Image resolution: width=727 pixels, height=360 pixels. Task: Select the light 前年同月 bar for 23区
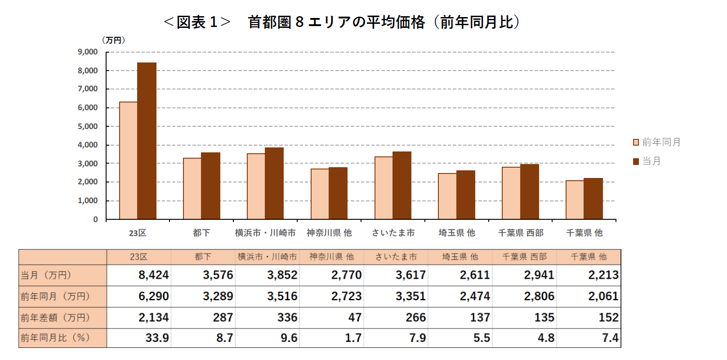point(129,160)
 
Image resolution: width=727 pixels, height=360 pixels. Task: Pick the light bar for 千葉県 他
point(575,200)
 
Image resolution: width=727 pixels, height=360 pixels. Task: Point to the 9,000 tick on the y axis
point(88,52)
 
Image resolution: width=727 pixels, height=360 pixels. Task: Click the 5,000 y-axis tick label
point(88,126)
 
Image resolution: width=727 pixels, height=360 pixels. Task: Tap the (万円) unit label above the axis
point(113,40)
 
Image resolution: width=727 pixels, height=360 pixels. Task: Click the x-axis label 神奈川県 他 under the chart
point(329,233)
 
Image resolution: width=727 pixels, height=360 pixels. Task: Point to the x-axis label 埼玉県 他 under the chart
point(457,233)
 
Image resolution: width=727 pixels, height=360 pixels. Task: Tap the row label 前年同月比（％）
point(55,338)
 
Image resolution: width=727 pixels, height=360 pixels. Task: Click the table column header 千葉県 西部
point(524,257)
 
